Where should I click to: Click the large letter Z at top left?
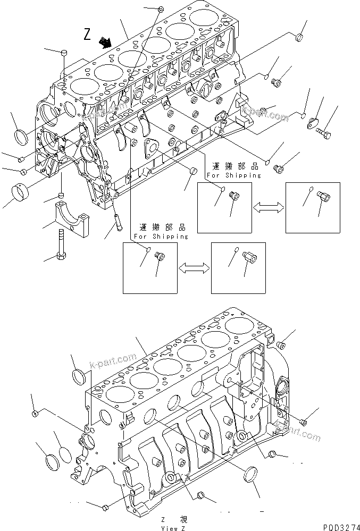click(x=88, y=35)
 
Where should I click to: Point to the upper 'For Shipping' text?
click(x=234, y=175)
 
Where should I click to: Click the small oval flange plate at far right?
click(x=312, y=123)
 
